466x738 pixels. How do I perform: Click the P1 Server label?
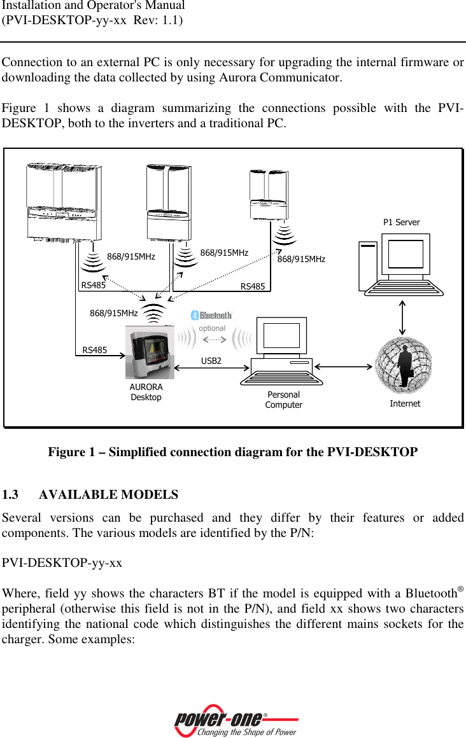click(401, 223)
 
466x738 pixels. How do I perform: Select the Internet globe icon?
click(404, 365)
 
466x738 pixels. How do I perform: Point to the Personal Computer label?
click(283, 400)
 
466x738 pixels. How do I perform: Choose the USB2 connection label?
click(211, 361)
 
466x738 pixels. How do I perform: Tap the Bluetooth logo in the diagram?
click(212, 316)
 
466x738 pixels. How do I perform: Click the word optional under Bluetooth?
click(212, 328)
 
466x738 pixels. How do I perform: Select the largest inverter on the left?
click(64, 201)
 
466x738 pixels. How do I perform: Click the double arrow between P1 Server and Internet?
click(403, 316)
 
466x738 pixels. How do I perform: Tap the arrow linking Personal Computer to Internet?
click(344, 366)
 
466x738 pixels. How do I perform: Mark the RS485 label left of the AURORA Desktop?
click(95, 350)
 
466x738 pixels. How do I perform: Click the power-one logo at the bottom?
click(236, 721)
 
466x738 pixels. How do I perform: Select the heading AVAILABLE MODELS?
click(113, 495)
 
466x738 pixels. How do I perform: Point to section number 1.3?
click(11, 495)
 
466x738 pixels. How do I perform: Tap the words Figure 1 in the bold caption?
click(67, 452)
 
